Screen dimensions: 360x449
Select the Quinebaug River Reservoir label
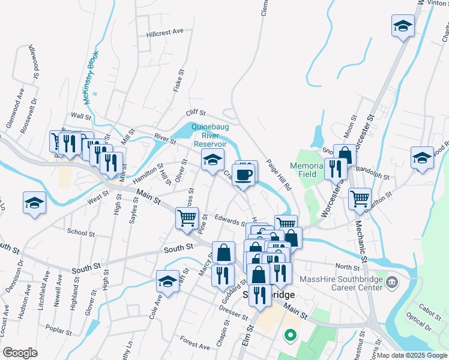(x=209, y=136)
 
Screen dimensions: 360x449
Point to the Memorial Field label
(x=307, y=170)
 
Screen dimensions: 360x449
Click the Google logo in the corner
(x=20, y=353)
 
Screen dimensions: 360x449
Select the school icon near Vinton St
(x=403, y=26)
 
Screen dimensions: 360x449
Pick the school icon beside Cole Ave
(x=167, y=281)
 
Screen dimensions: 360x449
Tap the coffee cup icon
(x=244, y=174)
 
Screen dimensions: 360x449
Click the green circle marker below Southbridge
(x=291, y=335)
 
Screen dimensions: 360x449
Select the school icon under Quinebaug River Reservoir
(x=212, y=161)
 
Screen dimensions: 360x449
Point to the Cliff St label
(x=196, y=112)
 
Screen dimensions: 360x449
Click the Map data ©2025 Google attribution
(x=412, y=355)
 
